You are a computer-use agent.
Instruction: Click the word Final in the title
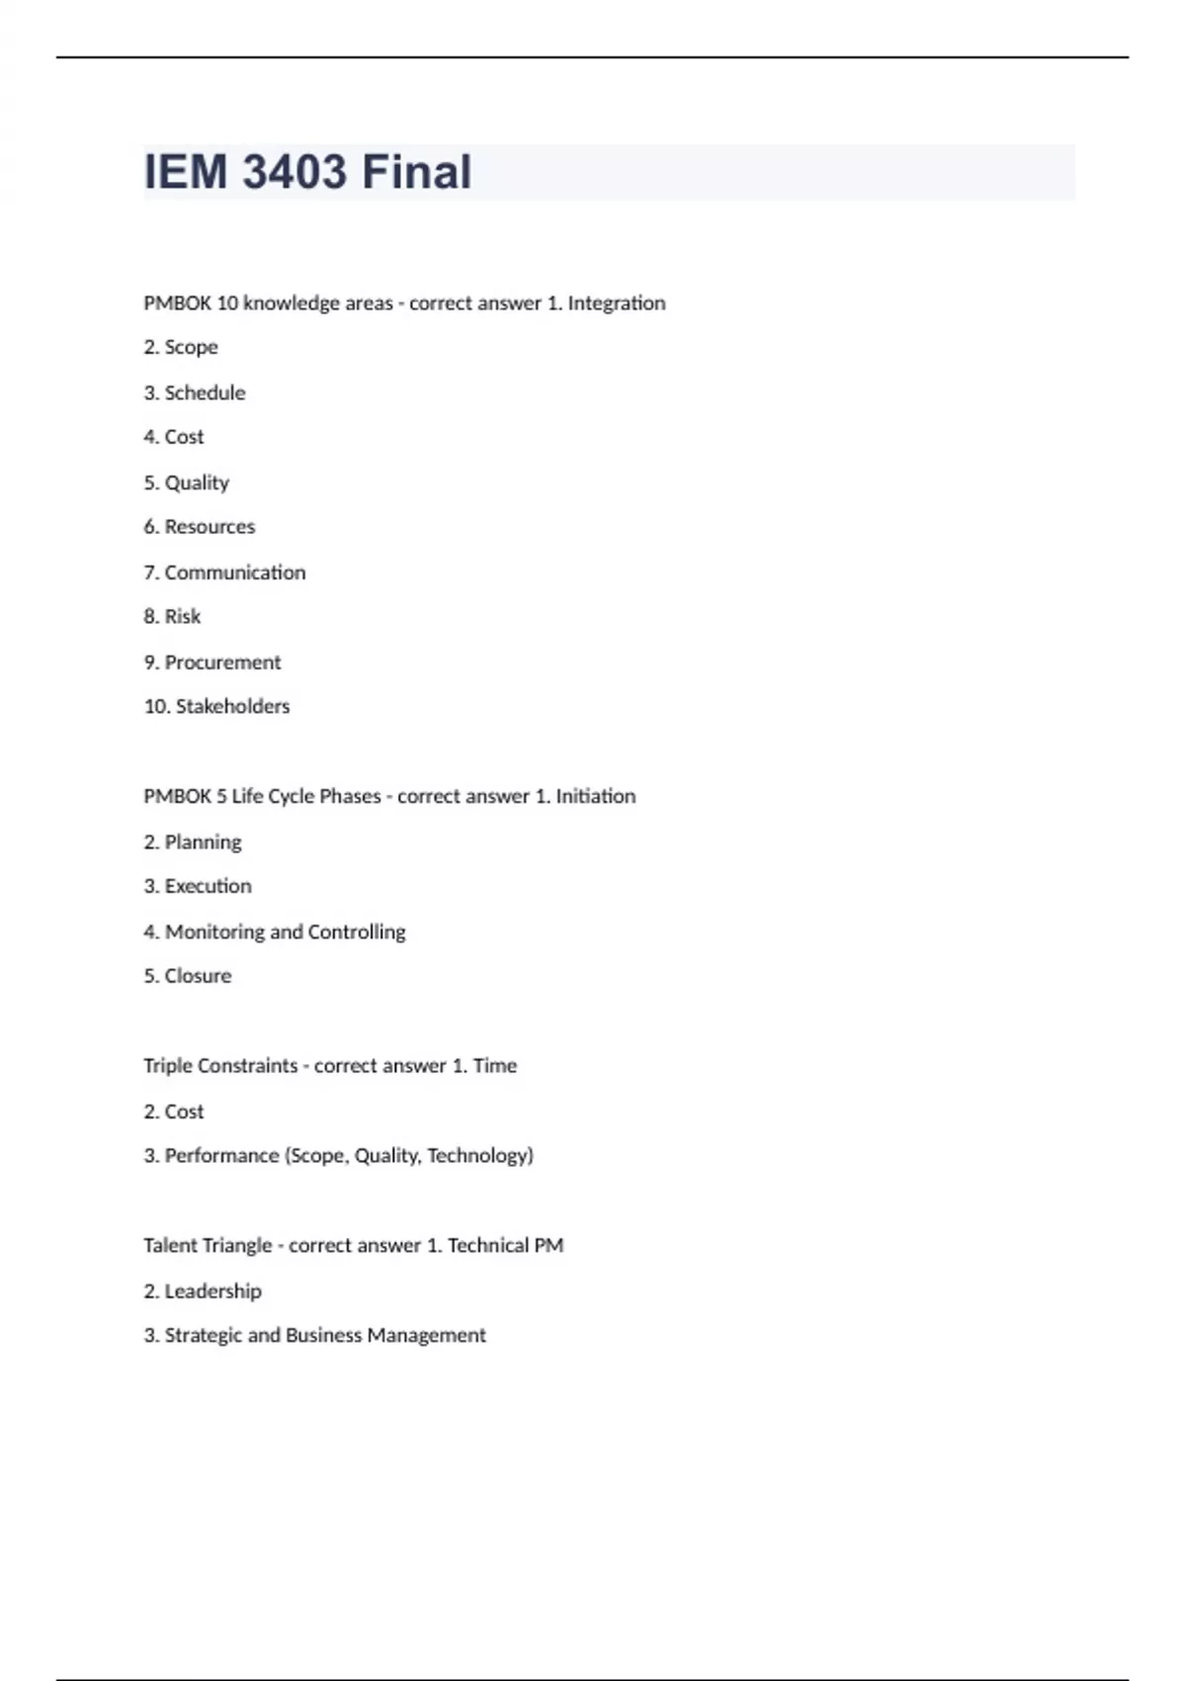[416, 172]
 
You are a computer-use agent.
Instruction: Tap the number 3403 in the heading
[295, 172]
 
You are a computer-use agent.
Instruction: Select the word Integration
[616, 303]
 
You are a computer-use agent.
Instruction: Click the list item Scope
[191, 347]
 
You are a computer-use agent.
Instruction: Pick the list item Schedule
[205, 393]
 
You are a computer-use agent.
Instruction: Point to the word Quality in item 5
[197, 483]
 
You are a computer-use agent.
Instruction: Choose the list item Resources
[210, 527]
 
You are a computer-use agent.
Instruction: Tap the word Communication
[235, 573]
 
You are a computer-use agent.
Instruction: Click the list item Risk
[182, 617]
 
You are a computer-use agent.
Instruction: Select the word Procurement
[222, 663]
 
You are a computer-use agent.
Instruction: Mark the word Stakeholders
[232, 707]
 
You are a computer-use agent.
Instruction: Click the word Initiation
[595, 797]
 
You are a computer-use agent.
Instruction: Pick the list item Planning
[203, 842]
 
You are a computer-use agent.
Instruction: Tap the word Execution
[208, 886]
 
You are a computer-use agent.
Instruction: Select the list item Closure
[198, 976]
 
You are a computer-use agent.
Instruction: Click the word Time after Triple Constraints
[494, 1066]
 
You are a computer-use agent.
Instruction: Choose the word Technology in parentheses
[479, 1156]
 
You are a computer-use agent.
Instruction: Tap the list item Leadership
[212, 1291]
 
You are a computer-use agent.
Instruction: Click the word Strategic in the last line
[203, 1336]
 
